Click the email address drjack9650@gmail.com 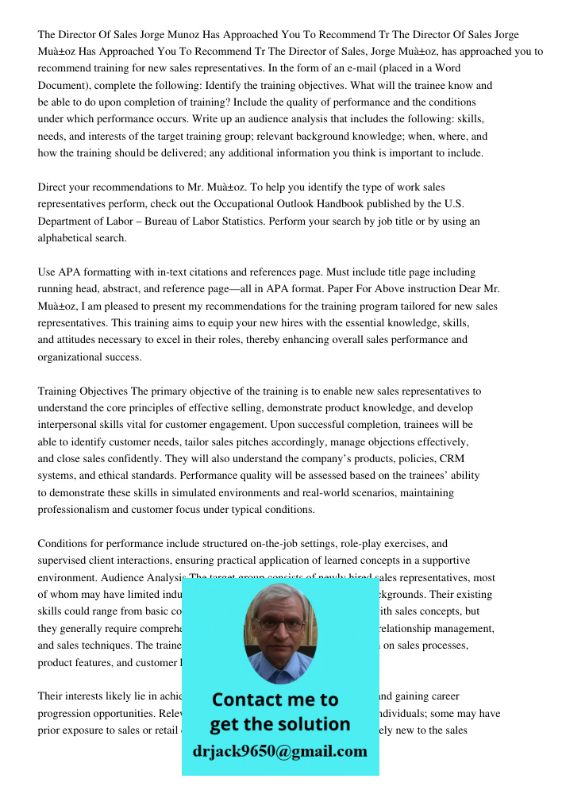(279, 751)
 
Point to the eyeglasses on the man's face (280, 624)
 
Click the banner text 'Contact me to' (275, 700)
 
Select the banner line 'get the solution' (279, 724)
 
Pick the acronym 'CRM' (452, 459)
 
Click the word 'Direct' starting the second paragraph (53, 187)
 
